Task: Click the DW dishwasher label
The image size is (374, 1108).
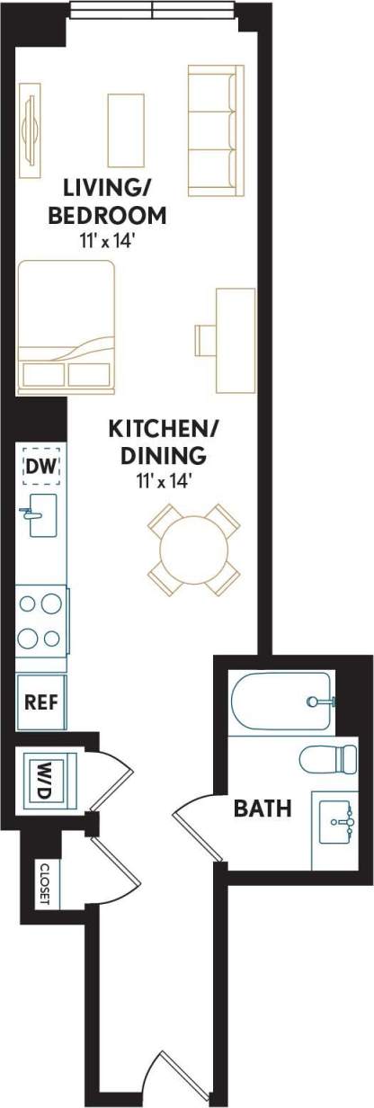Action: [40, 466]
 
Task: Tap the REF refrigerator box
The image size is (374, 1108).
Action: [41, 701]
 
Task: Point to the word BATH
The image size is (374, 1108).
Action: [263, 808]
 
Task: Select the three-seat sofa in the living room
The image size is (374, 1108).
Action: [216, 130]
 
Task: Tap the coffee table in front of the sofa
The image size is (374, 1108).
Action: [126, 130]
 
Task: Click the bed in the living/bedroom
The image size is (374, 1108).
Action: [66, 326]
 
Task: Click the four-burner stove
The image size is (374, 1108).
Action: [40, 618]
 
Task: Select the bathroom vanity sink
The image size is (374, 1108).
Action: [337, 819]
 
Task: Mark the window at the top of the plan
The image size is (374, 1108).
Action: [153, 11]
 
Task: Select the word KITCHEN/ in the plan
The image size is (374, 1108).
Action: [157, 429]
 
